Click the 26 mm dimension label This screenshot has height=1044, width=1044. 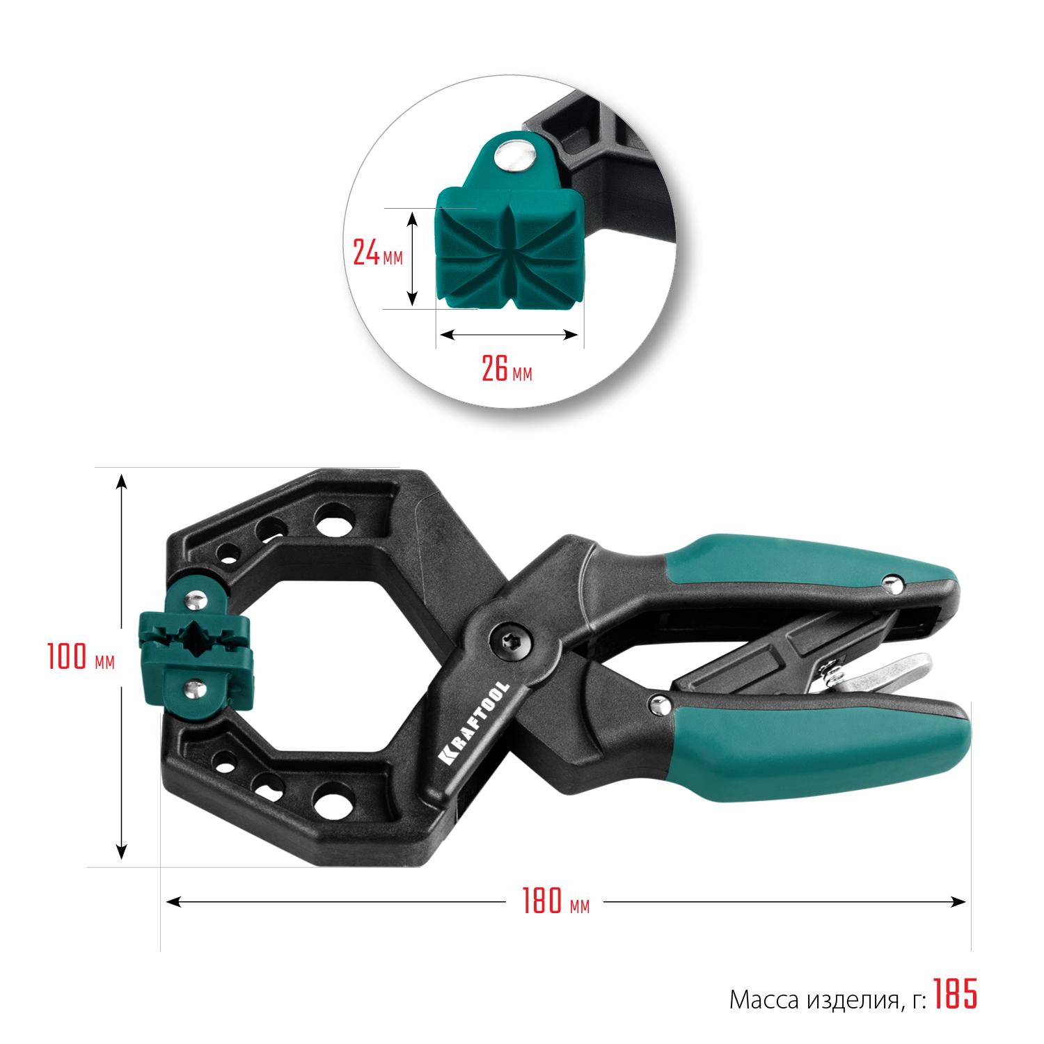click(x=507, y=370)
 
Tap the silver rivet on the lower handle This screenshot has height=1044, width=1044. click(x=656, y=706)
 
